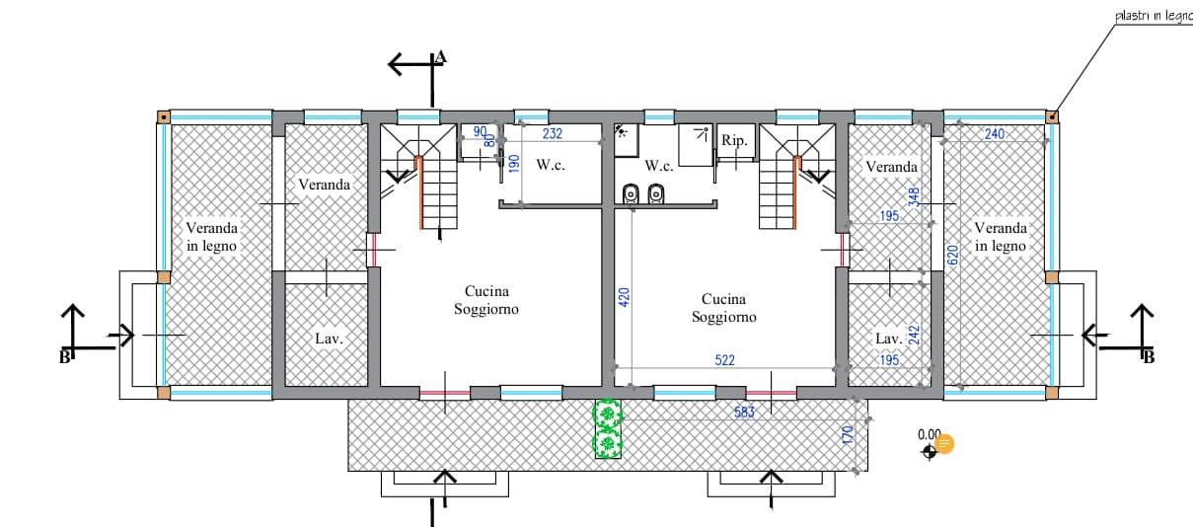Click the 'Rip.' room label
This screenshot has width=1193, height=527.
click(734, 140)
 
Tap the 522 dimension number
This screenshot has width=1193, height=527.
click(725, 360)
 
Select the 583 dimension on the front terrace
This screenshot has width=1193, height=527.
click(744, 412)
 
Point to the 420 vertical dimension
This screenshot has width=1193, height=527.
click(625, 297)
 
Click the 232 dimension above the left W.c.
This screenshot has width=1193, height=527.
click(553, 133)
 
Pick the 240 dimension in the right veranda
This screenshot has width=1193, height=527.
click(995, 133)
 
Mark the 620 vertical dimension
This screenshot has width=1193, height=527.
click(953, 256)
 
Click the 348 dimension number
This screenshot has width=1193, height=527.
click(914, 197)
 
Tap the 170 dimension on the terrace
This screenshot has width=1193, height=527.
click(849, 435)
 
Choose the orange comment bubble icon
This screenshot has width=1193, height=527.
click(944, 444)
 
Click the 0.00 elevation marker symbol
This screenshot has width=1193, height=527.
click(930, 452)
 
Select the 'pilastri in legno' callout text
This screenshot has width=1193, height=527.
click(1154, 16)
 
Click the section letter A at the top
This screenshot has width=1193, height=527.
click(440, 57)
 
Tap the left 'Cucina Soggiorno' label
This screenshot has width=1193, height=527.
click(486, 300)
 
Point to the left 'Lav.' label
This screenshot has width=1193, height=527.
click(329, 339)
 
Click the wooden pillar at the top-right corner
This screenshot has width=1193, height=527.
click(1052, 116)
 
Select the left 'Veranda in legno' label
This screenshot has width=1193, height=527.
click(211, 237)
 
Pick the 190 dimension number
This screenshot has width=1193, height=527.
click(514, 163)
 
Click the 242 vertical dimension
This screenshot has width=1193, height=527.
click(914, 336)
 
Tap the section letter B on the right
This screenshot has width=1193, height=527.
click(1149, 357)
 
